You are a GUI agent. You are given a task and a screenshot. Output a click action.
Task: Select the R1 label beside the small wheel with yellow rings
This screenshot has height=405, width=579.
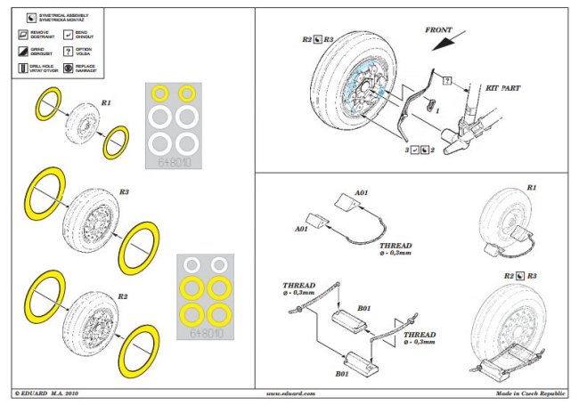tap(106, 103)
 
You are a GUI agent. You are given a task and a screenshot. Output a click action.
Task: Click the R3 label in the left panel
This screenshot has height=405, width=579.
tap(124, 192)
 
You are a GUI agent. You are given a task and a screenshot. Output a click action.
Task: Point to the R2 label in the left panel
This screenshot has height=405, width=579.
tap(124, 295)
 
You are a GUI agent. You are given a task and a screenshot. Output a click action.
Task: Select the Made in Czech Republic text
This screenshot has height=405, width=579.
tap(533, 393)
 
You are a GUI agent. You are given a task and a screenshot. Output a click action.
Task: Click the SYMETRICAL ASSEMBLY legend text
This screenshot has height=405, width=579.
tap(59, 17)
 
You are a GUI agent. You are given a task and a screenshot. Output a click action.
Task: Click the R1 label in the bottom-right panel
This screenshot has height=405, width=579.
tap(531, 188)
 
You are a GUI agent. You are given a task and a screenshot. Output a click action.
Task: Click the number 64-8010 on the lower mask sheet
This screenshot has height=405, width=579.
tap(208, 334)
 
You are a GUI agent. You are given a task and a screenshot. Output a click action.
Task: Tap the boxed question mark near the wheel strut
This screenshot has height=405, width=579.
tap(446, 80)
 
